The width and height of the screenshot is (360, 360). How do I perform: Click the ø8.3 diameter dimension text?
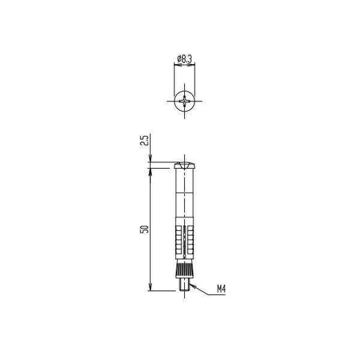pyautogui.click(x=184, y=59)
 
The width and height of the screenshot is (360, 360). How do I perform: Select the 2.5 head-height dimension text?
pyautogui.click(x=145, y=140)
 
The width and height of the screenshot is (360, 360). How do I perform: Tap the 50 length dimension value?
pyautogui.click(x=145, y=229)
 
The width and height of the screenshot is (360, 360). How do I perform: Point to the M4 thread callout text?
pyautogui.click(x=221, y=289)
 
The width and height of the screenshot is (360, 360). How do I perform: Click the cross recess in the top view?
pyautogui.click(x=185, y=101)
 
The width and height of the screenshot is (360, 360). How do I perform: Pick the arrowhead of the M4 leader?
pyautogui.click(x=192, y=286)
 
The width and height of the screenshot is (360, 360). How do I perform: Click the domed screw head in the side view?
pyautogui.click(x=185, y=166)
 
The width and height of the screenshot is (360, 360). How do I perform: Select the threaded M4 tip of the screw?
pyautogui.click(x=185, y=284)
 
